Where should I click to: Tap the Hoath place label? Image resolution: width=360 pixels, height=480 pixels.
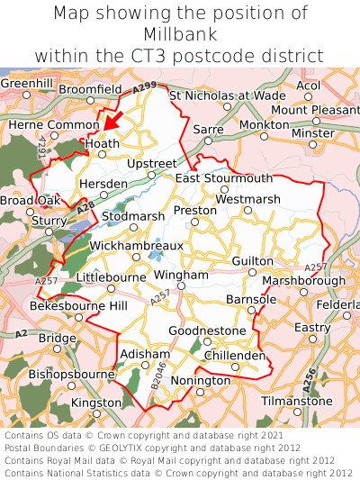(102, 142)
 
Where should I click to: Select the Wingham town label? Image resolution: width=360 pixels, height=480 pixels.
(181, 274)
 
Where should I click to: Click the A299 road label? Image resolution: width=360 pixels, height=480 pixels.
(144, 88)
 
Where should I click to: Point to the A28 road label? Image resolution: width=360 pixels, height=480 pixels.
(85, 209)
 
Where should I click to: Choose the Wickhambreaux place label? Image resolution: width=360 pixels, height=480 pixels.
(136, 245)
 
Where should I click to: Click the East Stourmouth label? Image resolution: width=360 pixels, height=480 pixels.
(224, 178)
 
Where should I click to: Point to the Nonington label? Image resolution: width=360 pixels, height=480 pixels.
(200, 381)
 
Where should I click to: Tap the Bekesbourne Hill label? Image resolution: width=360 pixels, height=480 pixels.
(79, 307)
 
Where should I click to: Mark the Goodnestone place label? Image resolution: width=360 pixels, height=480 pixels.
(207, 331)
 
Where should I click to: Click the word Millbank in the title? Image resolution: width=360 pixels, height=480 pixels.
(180, 34)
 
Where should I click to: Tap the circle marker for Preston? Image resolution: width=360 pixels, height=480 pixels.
(194, 221)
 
